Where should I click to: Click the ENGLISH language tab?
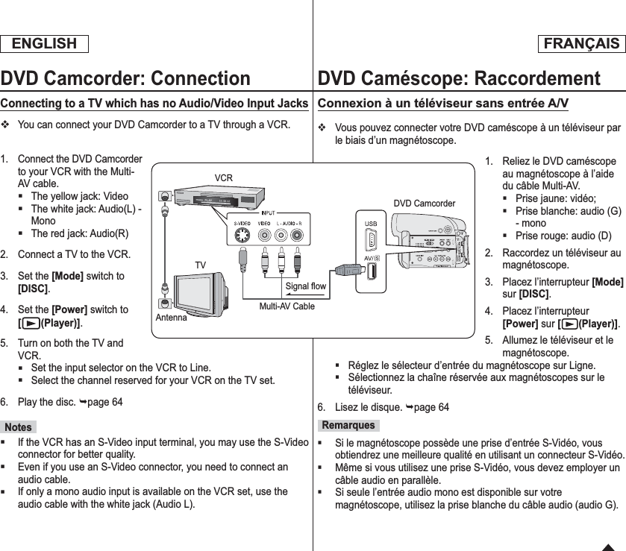[44, 43]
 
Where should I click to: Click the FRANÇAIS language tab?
[580, 43]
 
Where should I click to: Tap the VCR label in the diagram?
[223, 178]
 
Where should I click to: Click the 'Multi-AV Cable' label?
[287, 306]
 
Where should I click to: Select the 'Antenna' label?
[172, 318]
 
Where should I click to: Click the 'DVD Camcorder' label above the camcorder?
[424, 204]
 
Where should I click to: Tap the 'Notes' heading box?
[18, 427]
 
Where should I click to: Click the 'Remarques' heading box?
[348, 425]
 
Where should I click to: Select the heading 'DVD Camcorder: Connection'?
[125, 78]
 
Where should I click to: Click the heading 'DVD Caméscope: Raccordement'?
[459, 78]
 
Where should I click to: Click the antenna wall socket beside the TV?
[163, 302]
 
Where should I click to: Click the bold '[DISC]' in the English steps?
[33, 289]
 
